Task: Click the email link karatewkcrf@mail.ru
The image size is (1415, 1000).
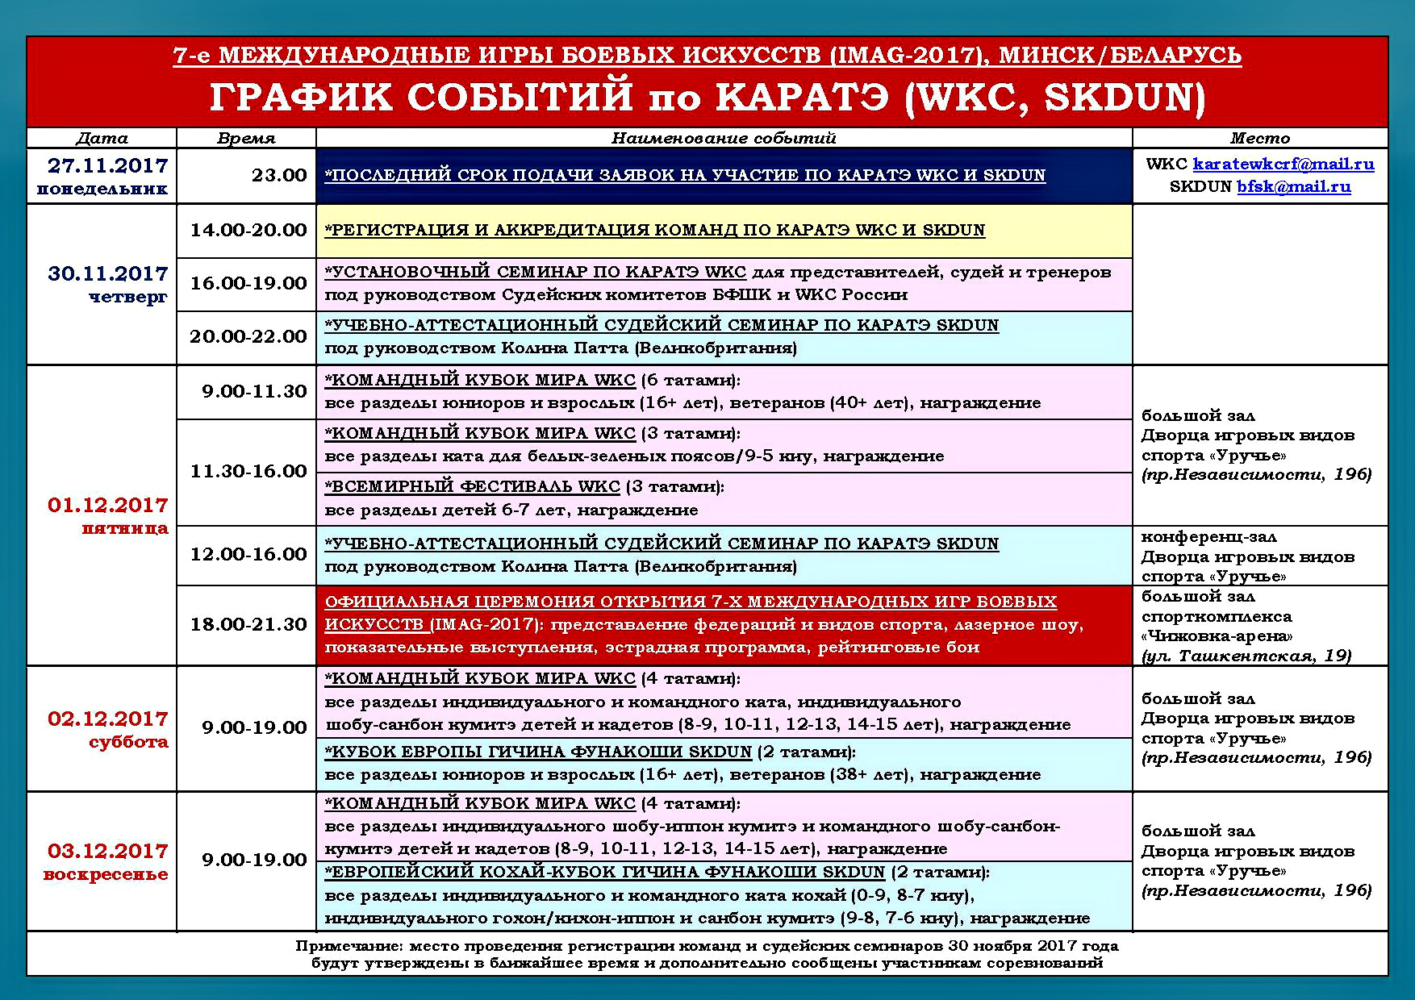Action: tap(1284, 165)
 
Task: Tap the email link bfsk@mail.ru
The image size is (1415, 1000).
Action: tap(1294, 187)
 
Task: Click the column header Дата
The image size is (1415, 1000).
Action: tap(102, 138)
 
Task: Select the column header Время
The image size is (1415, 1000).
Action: tap(246, 138)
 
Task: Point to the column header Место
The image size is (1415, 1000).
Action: tap(1260, 138)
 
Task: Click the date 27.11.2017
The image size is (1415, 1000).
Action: tap(108, 166)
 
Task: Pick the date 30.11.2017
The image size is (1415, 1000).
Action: tap(108, 274)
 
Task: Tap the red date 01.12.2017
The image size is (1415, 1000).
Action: tap(108, 506)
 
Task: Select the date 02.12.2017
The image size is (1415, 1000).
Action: tap(108, 719)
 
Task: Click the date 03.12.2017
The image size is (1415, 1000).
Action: tap(108, 851)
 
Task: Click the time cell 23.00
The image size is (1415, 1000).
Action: tap(279, 175)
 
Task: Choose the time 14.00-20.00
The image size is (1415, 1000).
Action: tap(248, 230)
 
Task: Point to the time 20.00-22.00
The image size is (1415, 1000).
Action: tap(248, 336)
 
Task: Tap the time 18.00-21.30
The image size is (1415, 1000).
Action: tap(248, 624)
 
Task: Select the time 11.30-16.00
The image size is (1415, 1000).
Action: tap(248, 471)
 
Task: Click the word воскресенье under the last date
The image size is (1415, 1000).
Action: tap(106, 874)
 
